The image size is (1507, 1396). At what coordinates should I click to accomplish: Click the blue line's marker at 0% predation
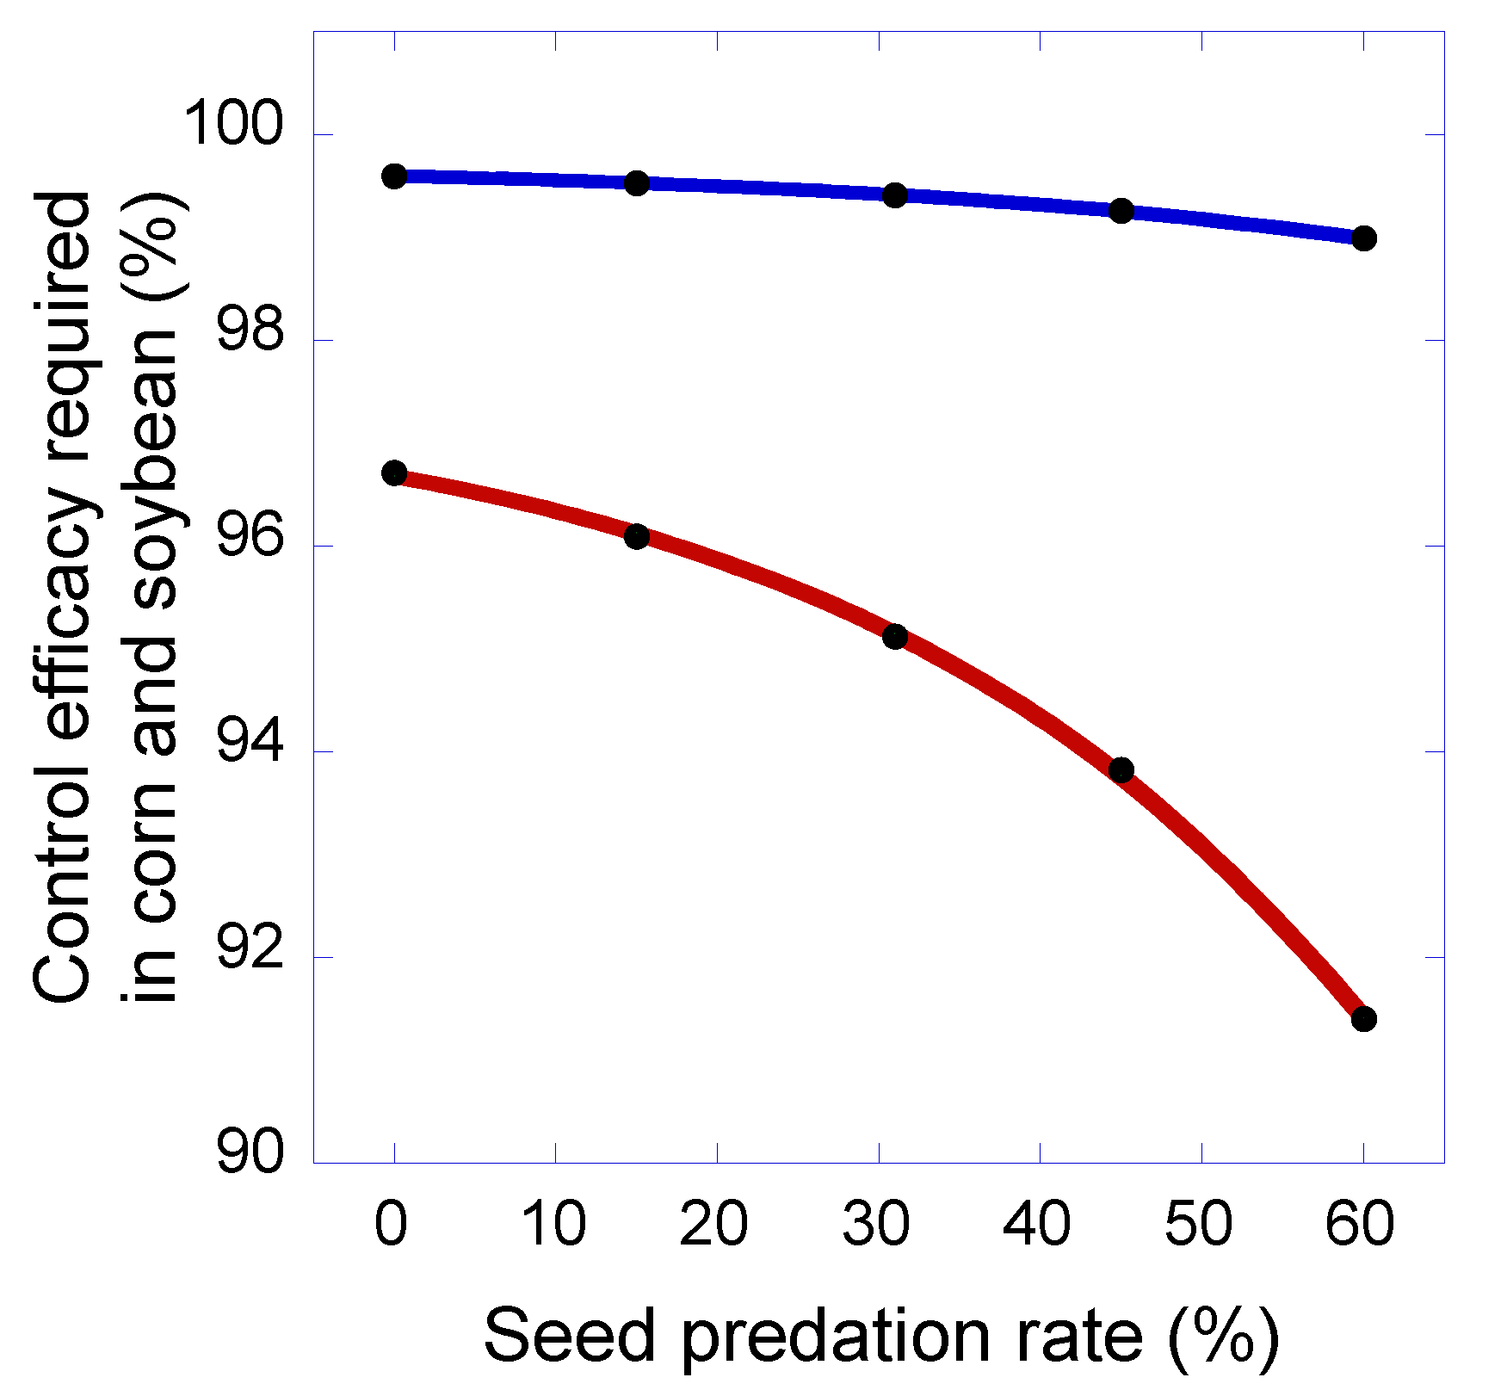[x=394, y=176]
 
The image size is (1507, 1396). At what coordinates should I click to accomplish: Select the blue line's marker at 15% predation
[x=637, y=182]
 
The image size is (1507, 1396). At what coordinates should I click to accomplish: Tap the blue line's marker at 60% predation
[x=1364, y=238]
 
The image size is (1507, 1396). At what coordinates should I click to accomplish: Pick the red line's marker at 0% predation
[x=394, y=473]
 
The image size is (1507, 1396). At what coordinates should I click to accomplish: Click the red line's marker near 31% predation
[x=895, y=637]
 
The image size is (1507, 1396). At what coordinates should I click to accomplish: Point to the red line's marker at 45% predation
[x=1121, y=770]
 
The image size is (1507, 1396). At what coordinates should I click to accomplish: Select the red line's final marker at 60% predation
[x=1364, y=1019]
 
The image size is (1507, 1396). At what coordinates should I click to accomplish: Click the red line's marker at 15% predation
[x=637, y=536]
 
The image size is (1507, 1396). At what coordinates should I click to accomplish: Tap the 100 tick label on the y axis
[x=232, y=125]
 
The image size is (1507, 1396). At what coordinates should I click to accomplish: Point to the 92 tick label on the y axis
[x=250, y=948]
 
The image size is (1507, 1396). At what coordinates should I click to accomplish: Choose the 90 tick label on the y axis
[x=250, y=1153]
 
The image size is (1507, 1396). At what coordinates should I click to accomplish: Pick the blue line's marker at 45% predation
[x=1121, y=211]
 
